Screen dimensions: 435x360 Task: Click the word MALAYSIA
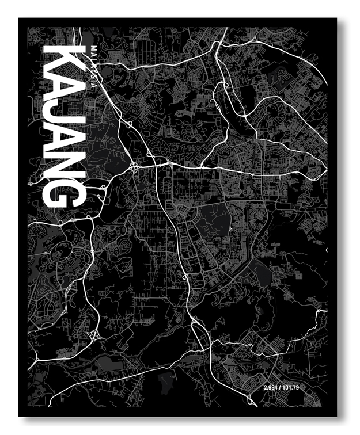click(x=90, y=66)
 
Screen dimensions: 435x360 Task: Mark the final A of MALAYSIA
click(x=90, y=85)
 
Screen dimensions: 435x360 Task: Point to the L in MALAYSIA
click(x=90, y=58)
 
